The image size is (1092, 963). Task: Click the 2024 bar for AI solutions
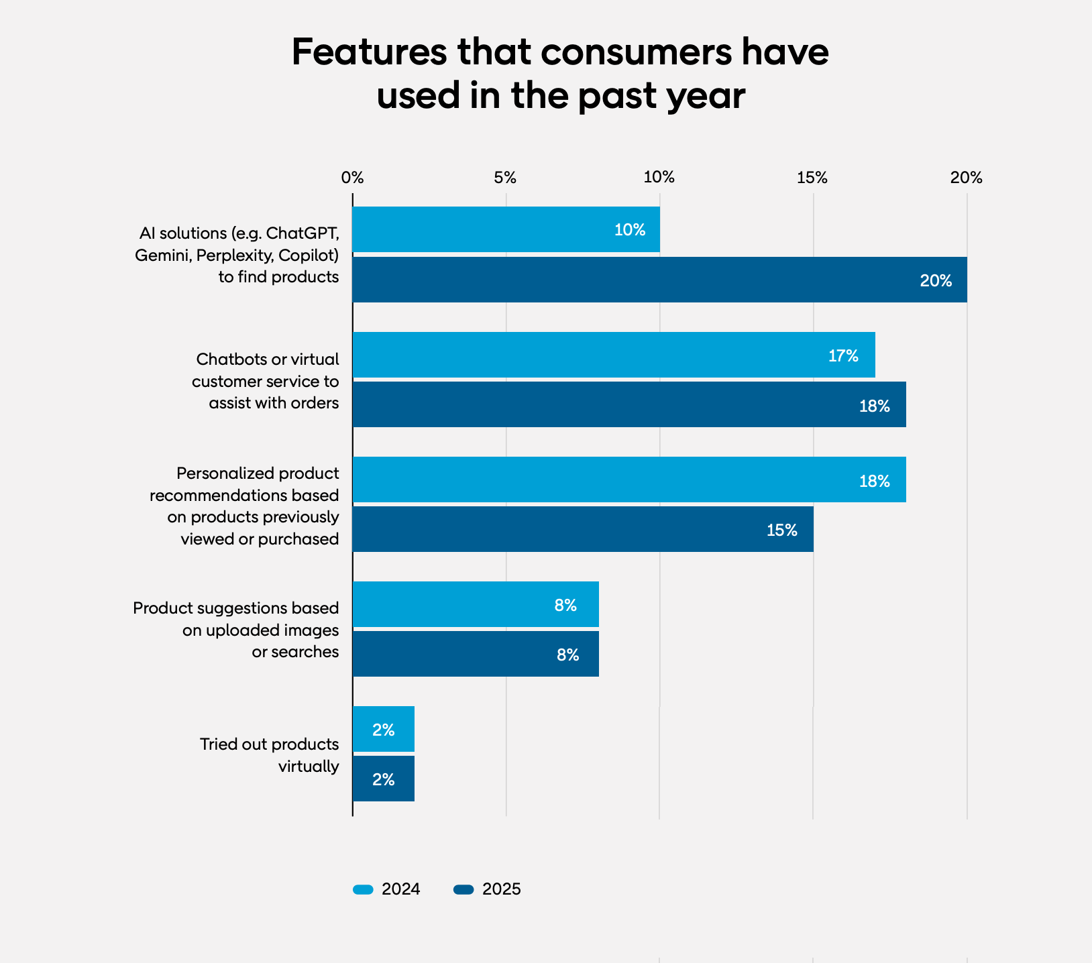click(x=506, y=229)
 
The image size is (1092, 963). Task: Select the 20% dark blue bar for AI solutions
click(x=659, y=280)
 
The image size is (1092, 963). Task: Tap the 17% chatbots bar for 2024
click(x=613, y=355)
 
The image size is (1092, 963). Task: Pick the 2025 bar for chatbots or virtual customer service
click(x=629, y=404)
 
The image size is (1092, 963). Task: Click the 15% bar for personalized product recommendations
click(x=582, y=529)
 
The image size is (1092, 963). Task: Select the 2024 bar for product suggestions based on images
click(x=475, y=604)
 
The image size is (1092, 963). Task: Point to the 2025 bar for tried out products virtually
click(x=383, y=779)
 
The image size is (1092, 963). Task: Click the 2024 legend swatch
click(x=363, y=889)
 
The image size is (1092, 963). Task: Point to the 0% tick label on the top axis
click(x=352, y=178)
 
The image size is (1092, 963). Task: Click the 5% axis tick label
click(x=505, y=178)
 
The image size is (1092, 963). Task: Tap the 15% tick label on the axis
click(x=812, y=178)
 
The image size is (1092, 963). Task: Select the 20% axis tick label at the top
click(x=966, y=178)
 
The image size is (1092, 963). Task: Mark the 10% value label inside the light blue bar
click(x=629, y=230)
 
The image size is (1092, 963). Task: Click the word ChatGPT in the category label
click(x=303, y=233)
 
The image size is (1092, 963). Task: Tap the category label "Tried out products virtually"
click(x=269, y=755)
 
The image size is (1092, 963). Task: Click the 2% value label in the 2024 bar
click(x=383, y=730)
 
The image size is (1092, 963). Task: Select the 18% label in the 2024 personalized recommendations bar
click(x=874, y=481)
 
